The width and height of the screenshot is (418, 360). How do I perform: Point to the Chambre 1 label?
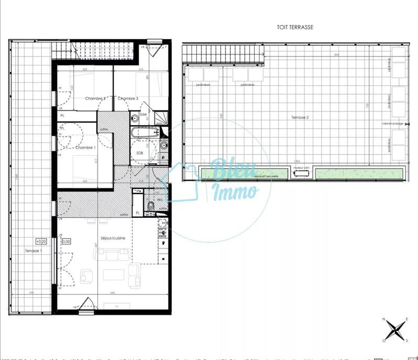pyautogui.click(x=85, y=148)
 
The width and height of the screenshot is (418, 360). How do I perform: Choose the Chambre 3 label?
pyautogui.click(x=128, y=98)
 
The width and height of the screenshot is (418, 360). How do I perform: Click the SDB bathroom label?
pyautogui.click(x=140, y=153)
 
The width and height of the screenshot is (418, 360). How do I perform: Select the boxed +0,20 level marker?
pyautogui.click(x=41, y=241)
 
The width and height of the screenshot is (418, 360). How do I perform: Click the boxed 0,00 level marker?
pyautogui.click(x=66, y=241)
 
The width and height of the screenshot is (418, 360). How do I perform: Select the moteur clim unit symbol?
pyautogui.click(x=302, y=174)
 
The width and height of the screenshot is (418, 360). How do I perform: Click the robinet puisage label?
pyautogui.click(x=393, y=123)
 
